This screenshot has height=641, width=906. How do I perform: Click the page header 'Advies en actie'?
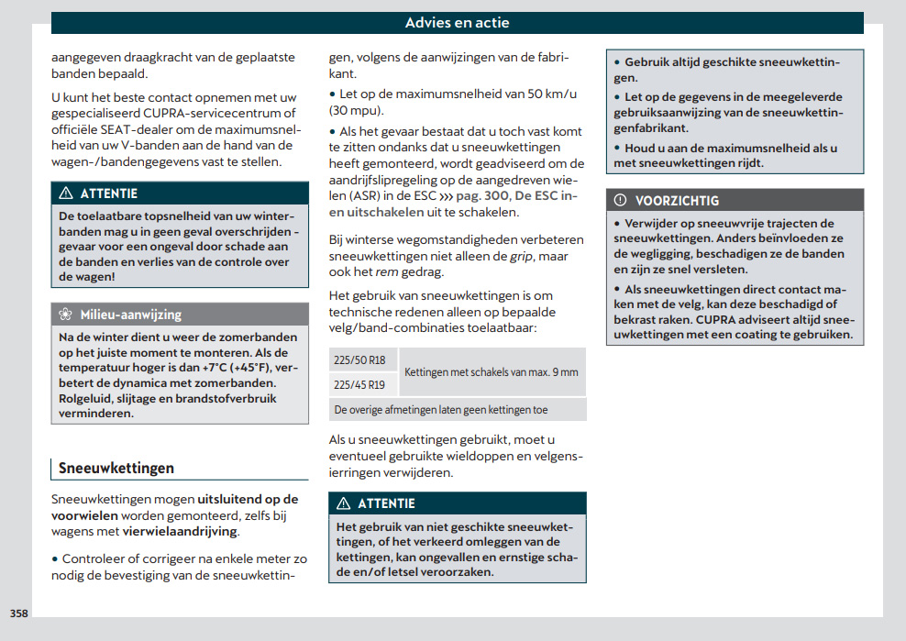pos(457,23)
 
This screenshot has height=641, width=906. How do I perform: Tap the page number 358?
pos(19,613)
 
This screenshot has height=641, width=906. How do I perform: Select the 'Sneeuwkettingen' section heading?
pos(116,468)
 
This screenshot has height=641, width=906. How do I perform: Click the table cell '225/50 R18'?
pos(359,360)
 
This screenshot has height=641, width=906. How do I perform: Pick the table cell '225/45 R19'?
pos(359,385)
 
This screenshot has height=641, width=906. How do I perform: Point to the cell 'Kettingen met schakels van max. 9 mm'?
pos(492,372)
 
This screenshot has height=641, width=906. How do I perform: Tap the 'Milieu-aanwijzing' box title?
pos(130,315)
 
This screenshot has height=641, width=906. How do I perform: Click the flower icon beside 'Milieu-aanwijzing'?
pos(65,315)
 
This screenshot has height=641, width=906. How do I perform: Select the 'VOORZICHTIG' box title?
pos(677,200)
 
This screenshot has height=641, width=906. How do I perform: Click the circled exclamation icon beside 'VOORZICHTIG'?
pos(620,200)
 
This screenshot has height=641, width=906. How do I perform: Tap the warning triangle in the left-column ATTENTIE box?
pos(65,193)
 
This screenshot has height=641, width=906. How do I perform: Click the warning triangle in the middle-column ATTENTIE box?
pos(344,503)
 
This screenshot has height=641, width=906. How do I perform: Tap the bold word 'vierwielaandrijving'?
pos(179,531)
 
